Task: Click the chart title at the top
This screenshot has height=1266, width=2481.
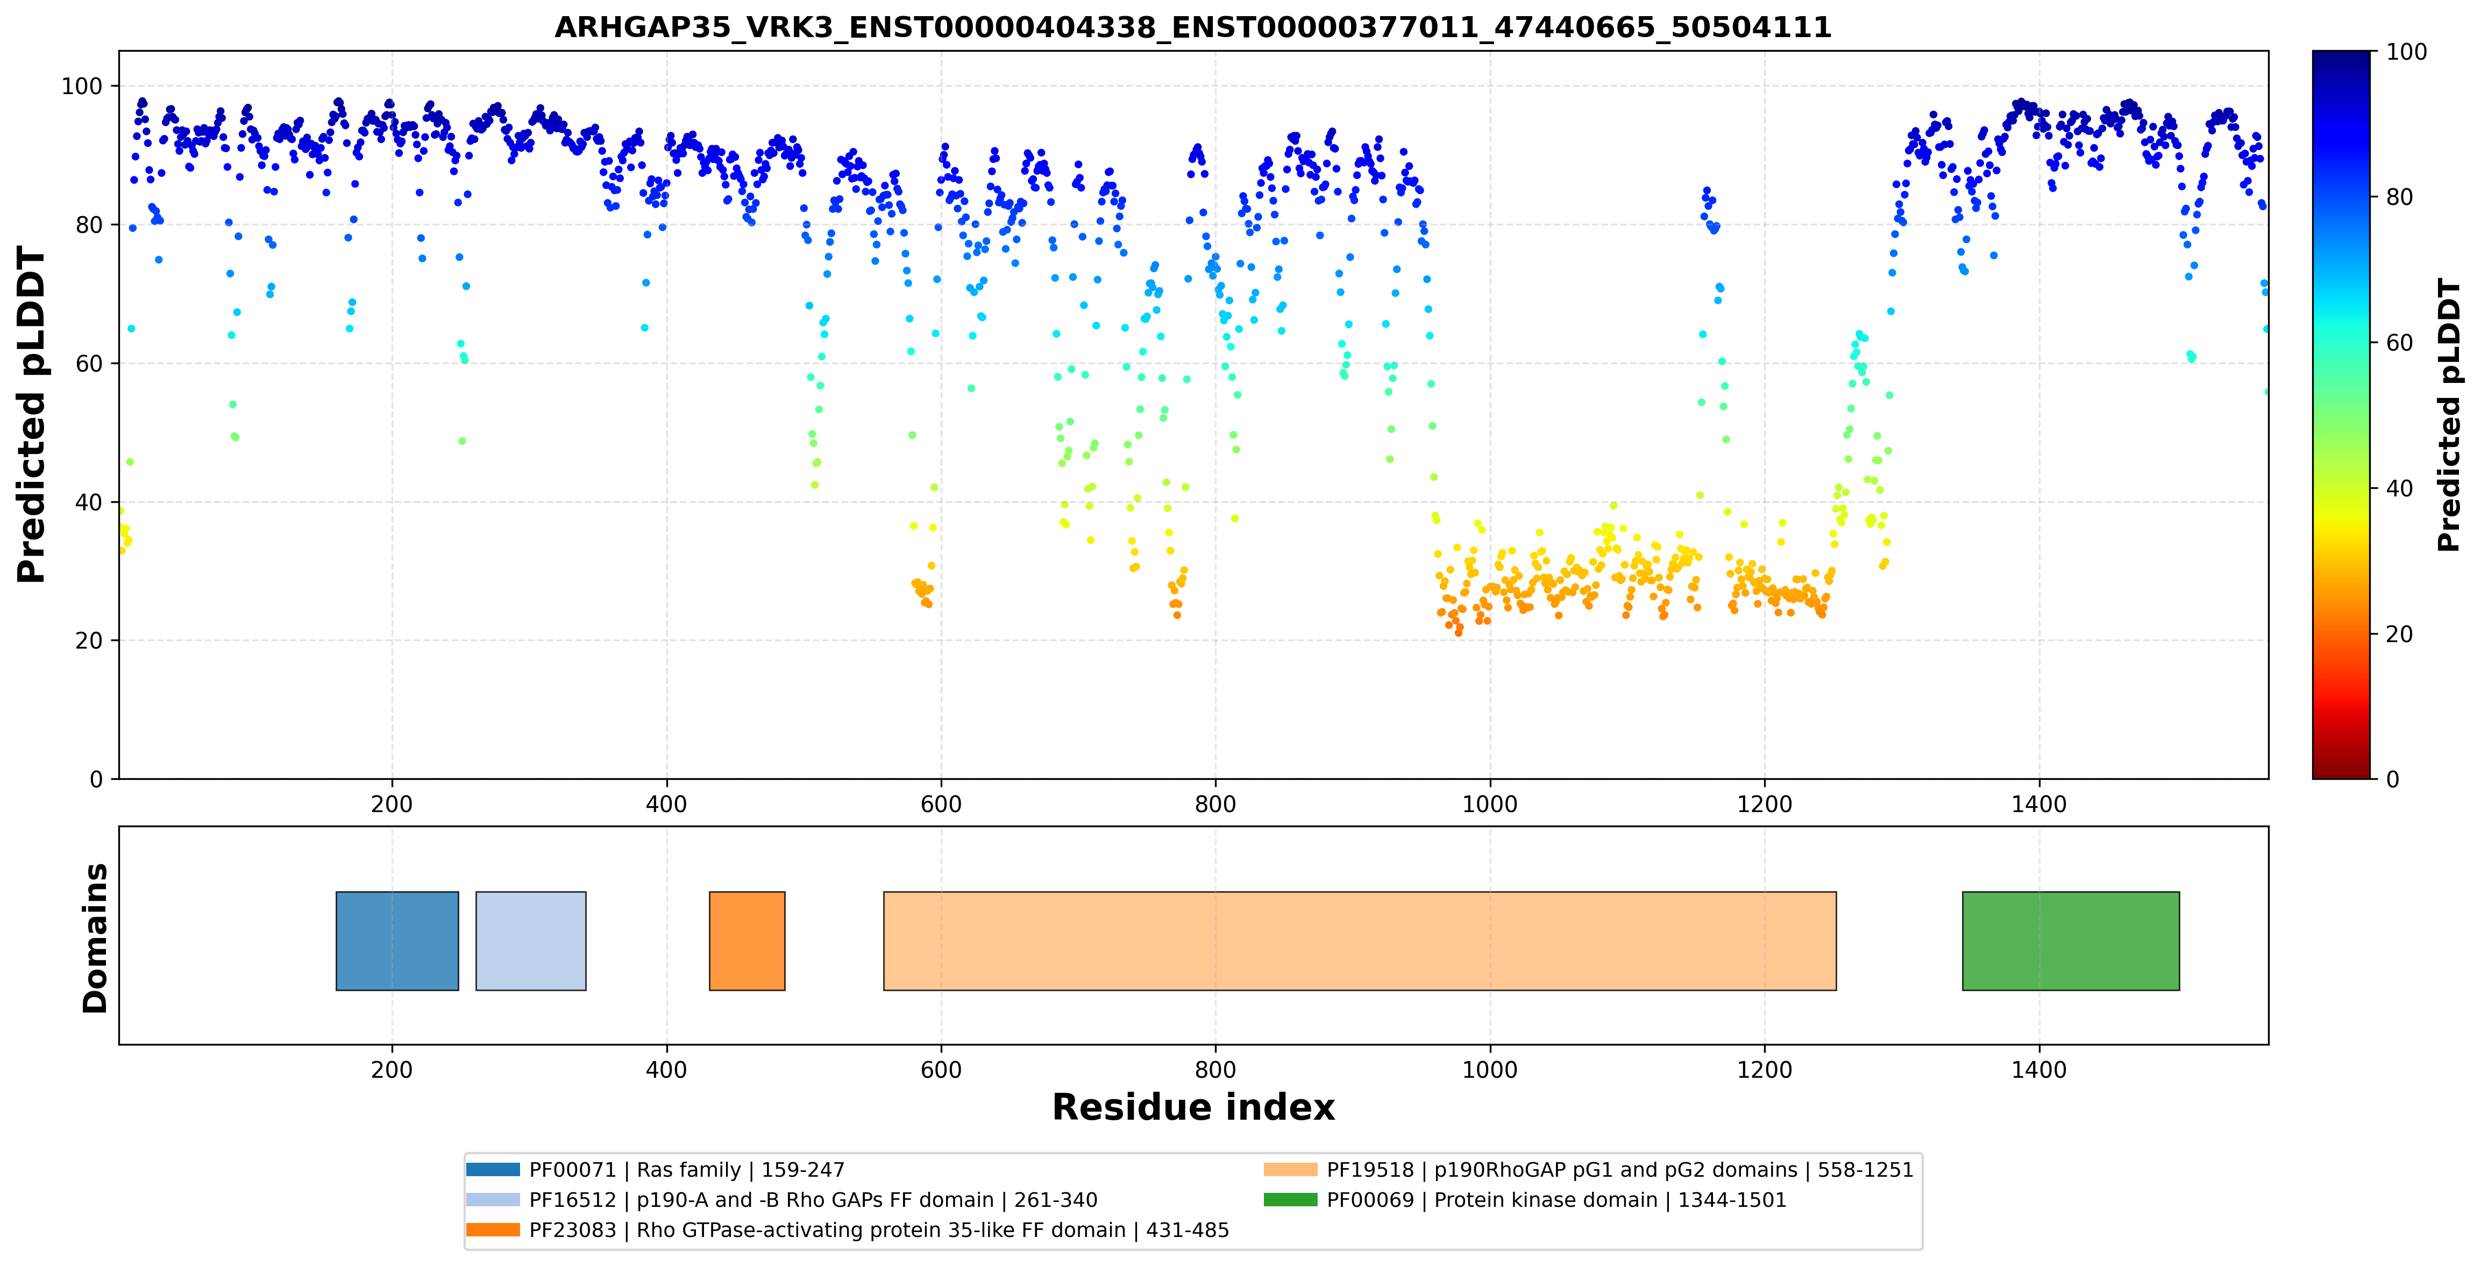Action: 1192,27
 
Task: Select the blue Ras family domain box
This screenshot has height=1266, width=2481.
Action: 397,941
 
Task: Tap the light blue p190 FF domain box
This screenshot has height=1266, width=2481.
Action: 531,941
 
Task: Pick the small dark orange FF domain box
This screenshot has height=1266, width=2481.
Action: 748,941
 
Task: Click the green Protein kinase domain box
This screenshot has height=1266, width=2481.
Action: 2071,941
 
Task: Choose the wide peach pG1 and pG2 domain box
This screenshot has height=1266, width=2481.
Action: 1360,941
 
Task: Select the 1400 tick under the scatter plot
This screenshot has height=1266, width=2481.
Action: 2039,804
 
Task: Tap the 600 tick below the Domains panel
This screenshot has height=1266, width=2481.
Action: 941,1070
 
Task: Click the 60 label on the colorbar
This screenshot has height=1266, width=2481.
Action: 2399,343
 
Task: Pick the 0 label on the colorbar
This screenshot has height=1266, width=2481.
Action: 2392,779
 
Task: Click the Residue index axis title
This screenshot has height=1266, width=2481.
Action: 1193,1107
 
